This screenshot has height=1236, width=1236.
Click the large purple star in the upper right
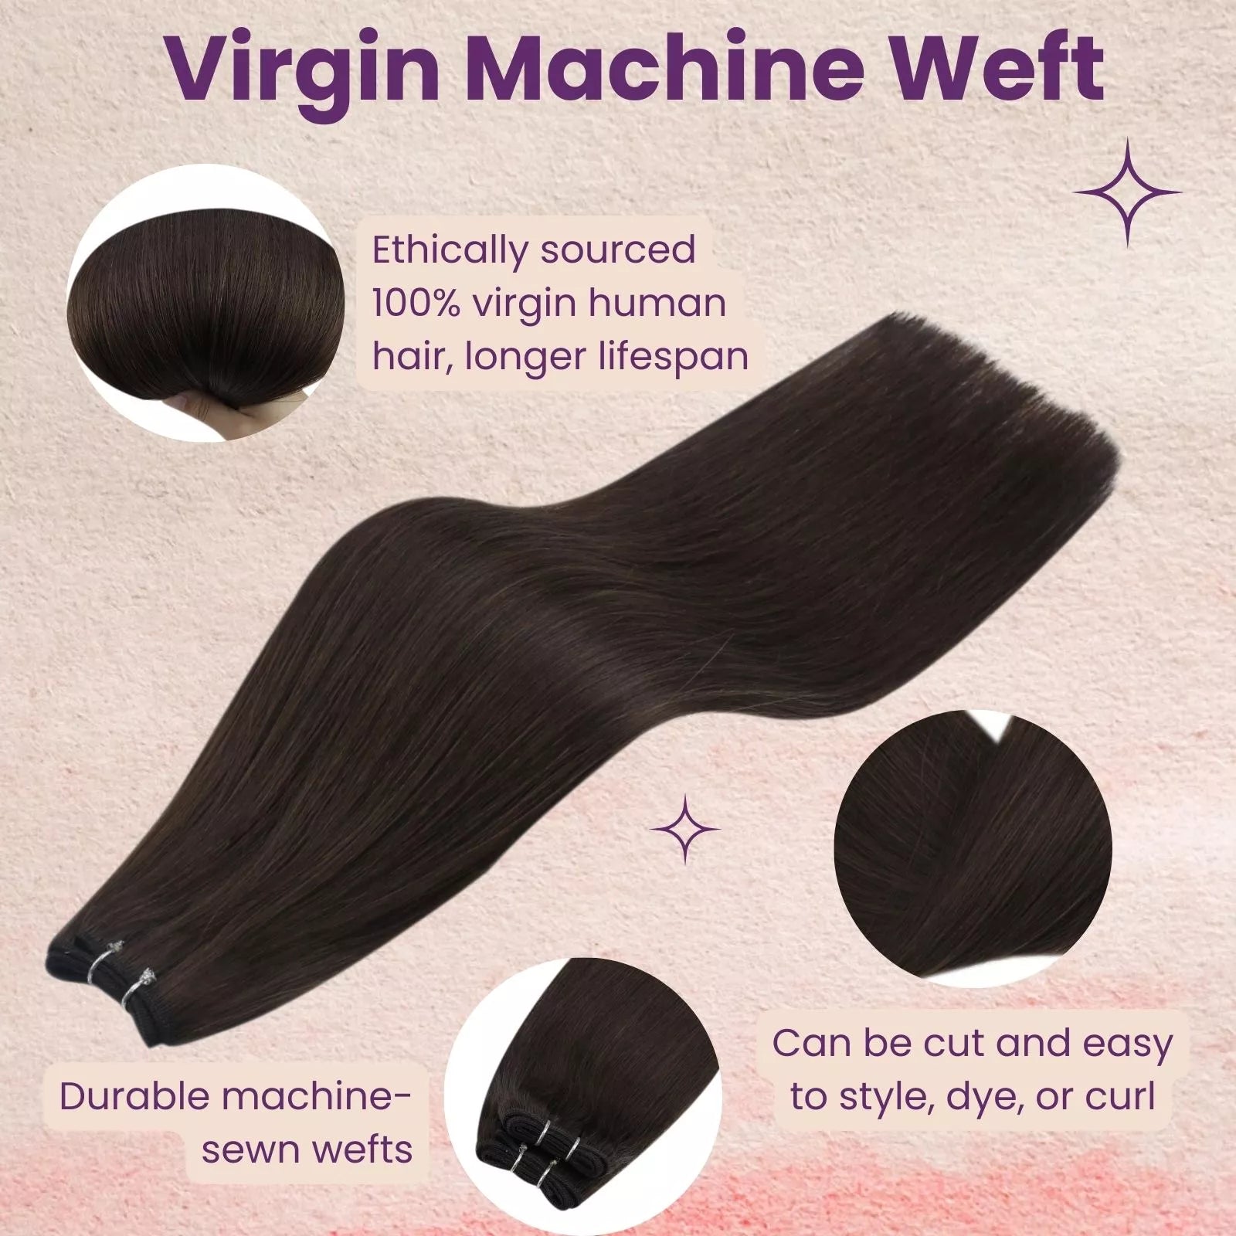[x=1127, y=192]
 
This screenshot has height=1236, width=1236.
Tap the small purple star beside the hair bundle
[x=685, y=829]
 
